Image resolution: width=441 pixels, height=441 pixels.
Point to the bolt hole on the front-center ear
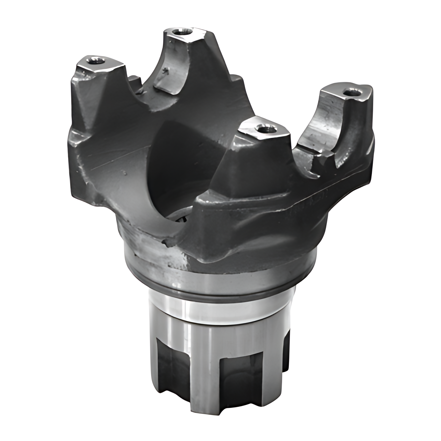point(262,128)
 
